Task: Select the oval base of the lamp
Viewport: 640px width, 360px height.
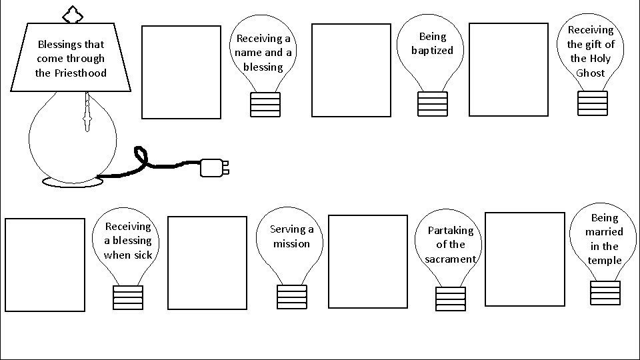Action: (x=72, y=181)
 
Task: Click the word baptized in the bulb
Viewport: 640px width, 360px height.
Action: (x=432, y=51)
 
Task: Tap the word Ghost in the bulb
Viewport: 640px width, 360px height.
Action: (x=590, y=73)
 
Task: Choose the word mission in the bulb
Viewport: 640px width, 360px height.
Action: (x=291, y=244)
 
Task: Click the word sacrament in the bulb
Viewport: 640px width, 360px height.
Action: (x=451, y=259)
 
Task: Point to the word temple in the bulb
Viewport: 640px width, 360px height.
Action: (x=605, y=261)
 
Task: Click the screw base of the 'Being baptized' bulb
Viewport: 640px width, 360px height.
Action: (x=432, y=104)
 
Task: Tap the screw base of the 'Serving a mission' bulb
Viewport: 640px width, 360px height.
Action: (x=291, y=297)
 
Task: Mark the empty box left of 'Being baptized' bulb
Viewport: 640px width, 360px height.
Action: (x=351, y=70)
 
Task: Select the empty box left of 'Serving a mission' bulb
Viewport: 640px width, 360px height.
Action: (x=207, y=263)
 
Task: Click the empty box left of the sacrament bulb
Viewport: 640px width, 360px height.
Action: (x=367, y=261)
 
